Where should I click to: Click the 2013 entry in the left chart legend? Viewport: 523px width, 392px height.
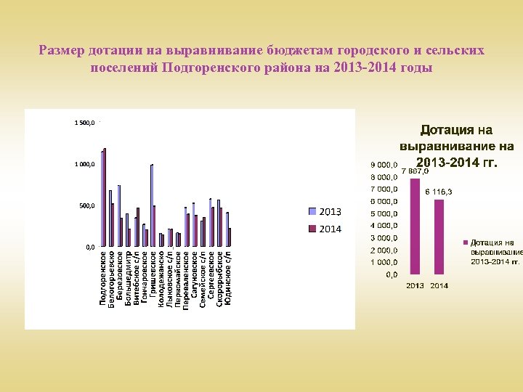[x=325, y=211]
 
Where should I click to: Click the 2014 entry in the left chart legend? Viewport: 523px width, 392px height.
[x=325, y=229]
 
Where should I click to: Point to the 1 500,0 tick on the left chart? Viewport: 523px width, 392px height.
[x=84, y=123]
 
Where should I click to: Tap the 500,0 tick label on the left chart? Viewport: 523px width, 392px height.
[x=86, y=206]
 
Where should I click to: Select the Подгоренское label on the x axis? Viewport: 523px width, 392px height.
[x=102, y=279]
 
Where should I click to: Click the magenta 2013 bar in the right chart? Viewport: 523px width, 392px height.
[x=415, y=226]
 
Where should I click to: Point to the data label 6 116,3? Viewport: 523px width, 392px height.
[x=439, y=192]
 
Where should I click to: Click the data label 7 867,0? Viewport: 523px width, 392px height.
[x=415, y=171]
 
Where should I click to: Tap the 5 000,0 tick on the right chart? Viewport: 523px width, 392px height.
[x=384, y=213]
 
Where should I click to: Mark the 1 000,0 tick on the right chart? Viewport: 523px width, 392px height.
[x=384, y=262]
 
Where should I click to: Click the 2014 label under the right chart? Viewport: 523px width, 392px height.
[x=439, y=285]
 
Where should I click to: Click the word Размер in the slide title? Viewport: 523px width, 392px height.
[x=62, y=51]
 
